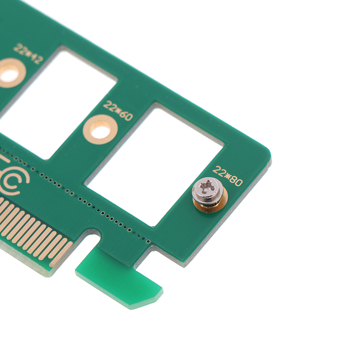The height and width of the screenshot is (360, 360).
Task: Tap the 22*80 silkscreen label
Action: click(227, 176)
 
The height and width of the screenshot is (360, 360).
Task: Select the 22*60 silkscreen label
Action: click(118, 111)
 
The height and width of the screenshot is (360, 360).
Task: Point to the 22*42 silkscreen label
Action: click(28, 54)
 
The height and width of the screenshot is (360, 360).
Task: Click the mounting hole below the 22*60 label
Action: click(100, 130)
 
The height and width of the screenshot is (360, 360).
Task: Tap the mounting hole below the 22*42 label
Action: click(10, 73)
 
